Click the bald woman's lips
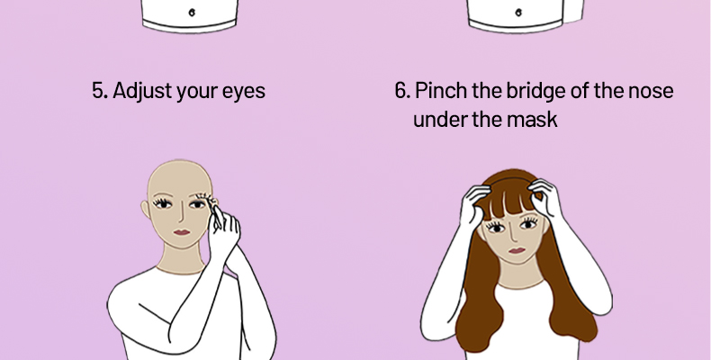coord(182,232)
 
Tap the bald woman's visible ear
coord(145,209)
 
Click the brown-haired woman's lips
coord(517,250)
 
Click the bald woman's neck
coord(181,259)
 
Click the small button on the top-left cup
coord(192,13)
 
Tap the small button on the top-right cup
coord(518,13)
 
